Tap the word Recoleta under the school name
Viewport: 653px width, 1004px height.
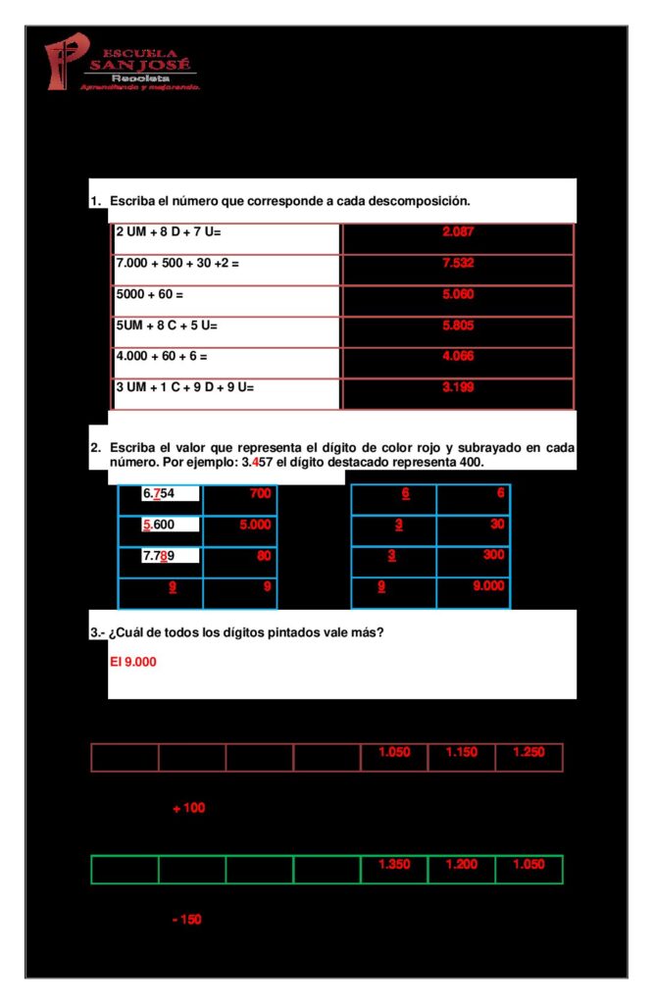(140, 76)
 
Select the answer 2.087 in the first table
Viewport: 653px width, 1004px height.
(458, 231)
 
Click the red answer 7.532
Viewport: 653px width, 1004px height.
(458, 263)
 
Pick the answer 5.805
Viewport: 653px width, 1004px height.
(458, 325)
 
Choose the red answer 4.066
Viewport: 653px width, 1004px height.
(458, 356)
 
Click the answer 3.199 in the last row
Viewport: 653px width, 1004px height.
(458, 387)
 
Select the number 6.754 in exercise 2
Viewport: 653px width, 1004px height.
(158, 493)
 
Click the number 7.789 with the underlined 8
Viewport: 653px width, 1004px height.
(158, 556)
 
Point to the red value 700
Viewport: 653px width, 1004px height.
(260, 494)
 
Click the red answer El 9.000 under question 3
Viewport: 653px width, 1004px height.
(133, 662)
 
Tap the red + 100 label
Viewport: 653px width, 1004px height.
(188, 808)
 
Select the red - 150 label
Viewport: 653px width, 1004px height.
(186, 920)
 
